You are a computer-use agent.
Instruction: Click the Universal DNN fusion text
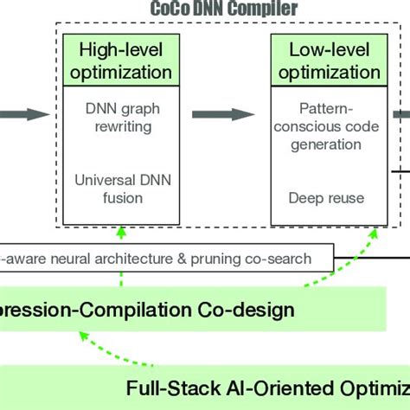point(119,189)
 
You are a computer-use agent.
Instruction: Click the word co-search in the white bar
point(292,256)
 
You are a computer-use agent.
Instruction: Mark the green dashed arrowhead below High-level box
point(122,230)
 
